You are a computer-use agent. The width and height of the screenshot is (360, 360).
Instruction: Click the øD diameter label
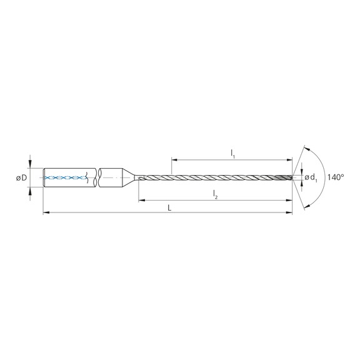20,178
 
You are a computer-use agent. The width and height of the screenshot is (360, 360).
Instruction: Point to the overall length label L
169,208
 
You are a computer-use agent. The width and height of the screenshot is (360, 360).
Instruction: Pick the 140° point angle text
336,178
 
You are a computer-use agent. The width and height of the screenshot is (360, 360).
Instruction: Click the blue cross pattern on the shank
66,178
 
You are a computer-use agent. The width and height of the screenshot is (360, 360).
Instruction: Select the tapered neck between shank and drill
130,178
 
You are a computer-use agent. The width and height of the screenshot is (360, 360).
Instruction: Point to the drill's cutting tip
291,178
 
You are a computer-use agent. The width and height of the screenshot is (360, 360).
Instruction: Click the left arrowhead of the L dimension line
45,214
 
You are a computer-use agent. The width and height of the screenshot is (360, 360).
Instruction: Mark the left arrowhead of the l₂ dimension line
141,200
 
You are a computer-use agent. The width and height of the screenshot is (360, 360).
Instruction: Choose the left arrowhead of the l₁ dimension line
172,160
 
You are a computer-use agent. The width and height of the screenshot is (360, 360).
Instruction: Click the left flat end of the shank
43,178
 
